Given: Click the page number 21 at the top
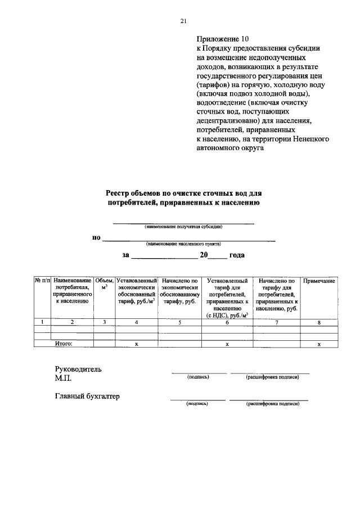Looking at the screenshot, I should pyautogui.click(x=183, y=21).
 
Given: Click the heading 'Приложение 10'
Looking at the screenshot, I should pyautogui.click(x=222, y=39).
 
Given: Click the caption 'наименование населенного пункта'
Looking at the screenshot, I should pyautogui.click(x=183, y=244).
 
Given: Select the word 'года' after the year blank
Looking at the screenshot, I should pyautogui.click(x=237, y=255).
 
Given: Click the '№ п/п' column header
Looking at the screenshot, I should pyautogui.click(x=43, y=280).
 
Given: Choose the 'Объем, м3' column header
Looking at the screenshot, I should pyautogui.click(x=105, y=283).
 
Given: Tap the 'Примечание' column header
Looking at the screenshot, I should pyautogui.click(x=319, y=280).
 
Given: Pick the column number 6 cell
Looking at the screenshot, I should pyautogui.click(x=227, y=322).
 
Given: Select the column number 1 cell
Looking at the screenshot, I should pyautogui.click(x=43, y=322).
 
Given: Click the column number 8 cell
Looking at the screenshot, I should pyautogui.click(x=319, y=322).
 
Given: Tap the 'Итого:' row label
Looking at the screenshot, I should pyautogui.click(x=64, y=343).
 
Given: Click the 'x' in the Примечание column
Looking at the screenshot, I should pyautogui.click(x=319, y=344).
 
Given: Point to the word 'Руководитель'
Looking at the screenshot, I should pyautogui.click(x=78, y=369).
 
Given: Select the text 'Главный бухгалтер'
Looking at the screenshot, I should pyautogui.click(x=87, y=396).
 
